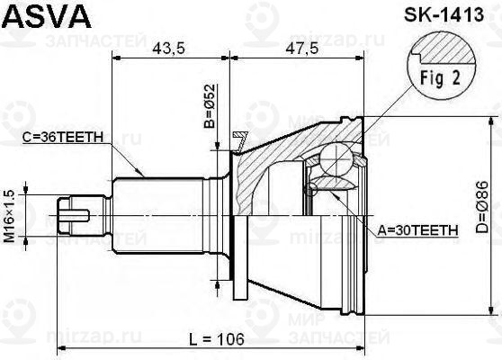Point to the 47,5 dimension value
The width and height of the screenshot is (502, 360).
(300, 49)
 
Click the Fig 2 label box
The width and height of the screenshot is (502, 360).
(437, 78)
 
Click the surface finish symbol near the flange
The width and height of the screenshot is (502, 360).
(239, 139)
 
